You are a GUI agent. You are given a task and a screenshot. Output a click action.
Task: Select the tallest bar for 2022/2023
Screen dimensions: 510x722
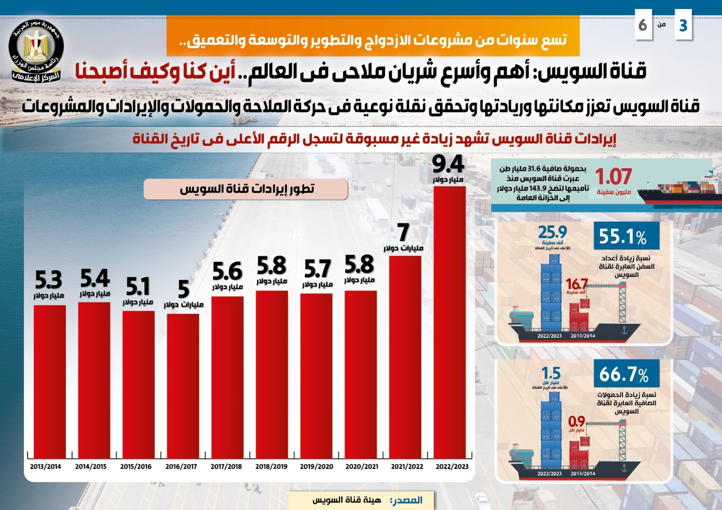(449, 322)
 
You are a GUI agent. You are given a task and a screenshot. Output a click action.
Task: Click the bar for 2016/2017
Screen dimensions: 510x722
(183, 386)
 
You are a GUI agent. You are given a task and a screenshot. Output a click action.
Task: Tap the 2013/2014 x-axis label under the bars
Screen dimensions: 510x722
(46, 467)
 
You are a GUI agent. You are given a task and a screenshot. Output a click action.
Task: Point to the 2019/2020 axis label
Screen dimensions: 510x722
(316, 467)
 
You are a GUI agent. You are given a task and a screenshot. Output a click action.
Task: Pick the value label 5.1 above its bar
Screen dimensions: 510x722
(138, 287)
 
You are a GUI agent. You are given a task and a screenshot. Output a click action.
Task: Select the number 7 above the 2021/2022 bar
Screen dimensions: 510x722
(403, 233)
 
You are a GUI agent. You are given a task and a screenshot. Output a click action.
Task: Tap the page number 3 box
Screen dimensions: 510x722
(683, 26)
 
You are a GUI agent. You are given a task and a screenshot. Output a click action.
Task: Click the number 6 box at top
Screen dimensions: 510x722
(643, 26)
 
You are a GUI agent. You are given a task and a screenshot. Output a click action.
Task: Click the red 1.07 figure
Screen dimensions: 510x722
(613, 176)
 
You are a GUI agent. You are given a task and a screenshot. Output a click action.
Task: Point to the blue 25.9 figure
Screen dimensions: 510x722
(552, 233)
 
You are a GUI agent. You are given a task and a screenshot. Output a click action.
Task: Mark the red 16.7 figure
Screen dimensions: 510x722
(576, 284)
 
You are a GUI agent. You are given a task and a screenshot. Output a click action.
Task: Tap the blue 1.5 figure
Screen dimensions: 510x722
(551, 373)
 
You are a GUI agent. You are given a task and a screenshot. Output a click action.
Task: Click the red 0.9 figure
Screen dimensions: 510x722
(576, 422)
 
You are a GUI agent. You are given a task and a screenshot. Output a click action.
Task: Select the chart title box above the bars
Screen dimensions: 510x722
(246, 189)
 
